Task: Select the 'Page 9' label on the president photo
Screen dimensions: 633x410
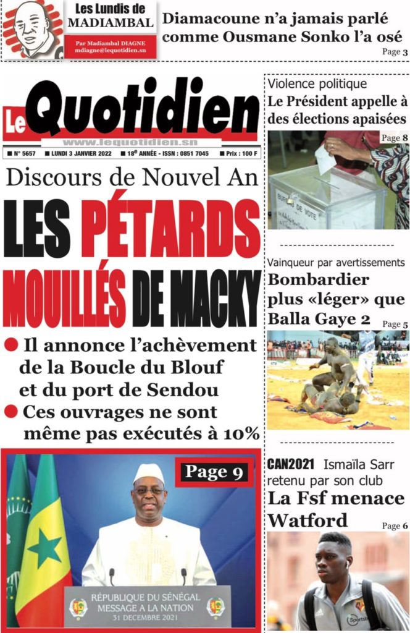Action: click(215, 472)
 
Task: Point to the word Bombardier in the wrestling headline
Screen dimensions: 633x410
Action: click(319, 279)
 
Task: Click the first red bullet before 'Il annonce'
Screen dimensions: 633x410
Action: click(10, 344)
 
